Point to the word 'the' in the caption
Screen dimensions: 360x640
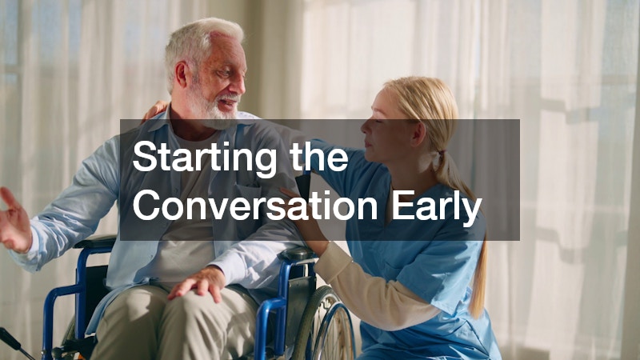tap(319, 157)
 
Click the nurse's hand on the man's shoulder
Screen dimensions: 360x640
tap(156, 110)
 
